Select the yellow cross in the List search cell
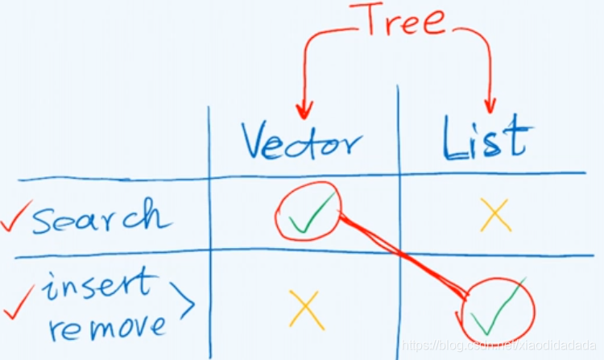(494, 214)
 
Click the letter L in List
(453, 139)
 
